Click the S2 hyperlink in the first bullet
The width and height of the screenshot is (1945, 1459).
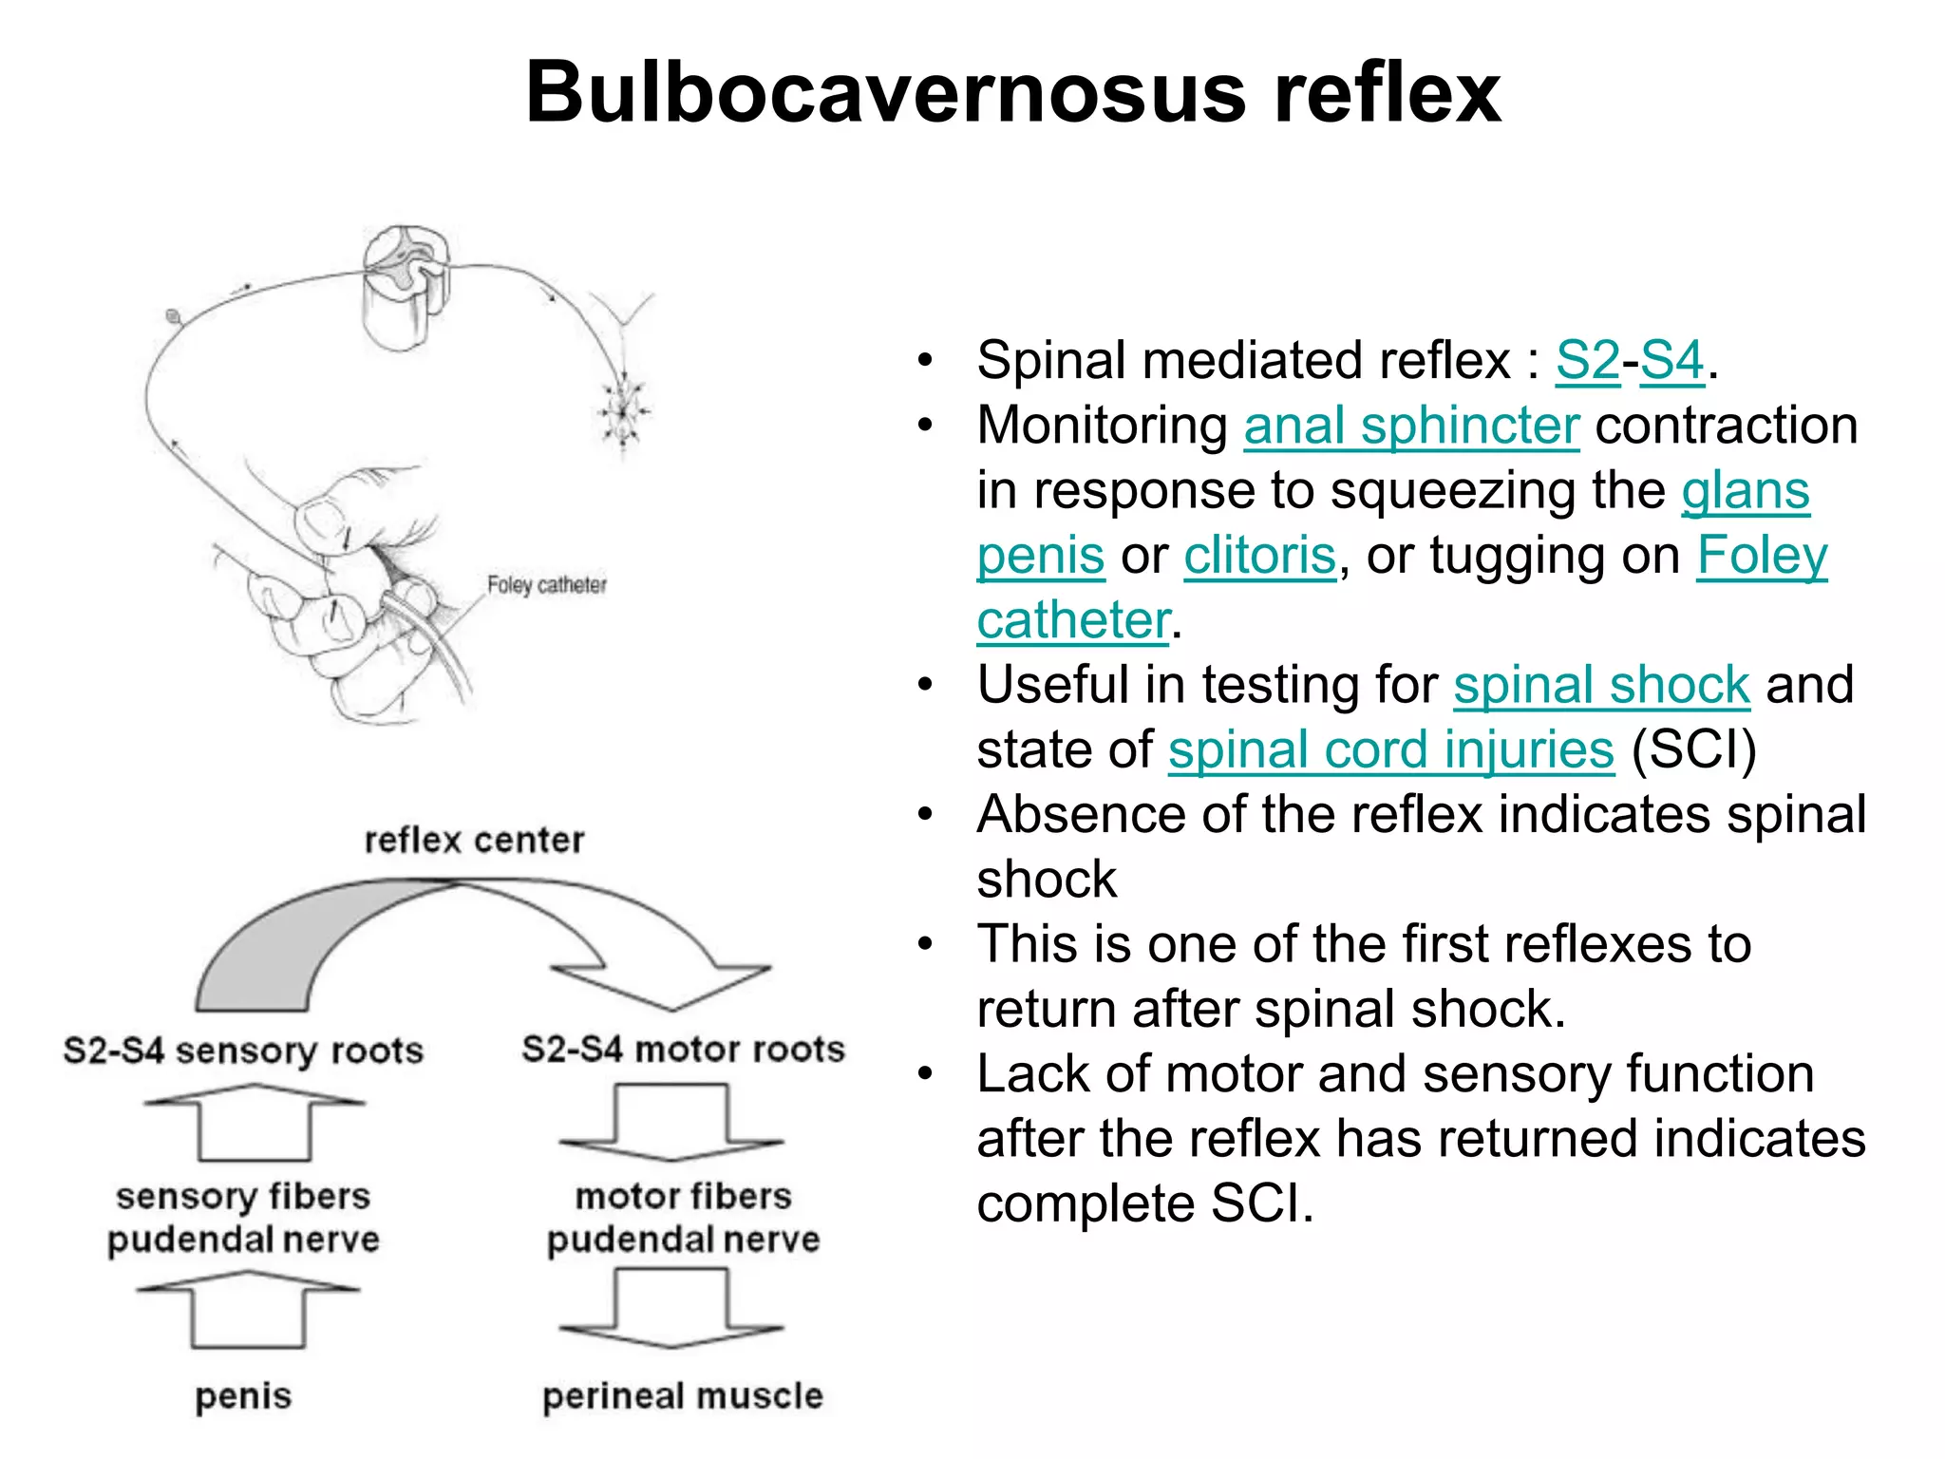(1587, 361)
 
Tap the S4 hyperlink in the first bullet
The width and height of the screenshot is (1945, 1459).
(1671, 361)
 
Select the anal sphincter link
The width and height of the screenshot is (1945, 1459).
(1411, 426)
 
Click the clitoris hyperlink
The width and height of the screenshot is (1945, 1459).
(1259, 556)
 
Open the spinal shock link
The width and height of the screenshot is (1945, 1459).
(1601, 685)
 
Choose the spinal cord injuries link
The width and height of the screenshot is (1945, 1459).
(1390, 750)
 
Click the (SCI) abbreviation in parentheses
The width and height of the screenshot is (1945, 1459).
(1693, 750)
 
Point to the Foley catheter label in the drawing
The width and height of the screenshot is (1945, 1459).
(546, 585)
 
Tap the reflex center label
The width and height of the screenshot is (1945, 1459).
(474, 841)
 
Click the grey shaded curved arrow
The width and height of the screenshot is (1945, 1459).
(285, 950)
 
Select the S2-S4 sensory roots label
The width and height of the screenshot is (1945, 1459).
(243, 1051)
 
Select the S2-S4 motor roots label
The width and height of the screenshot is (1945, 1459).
(683, 1049)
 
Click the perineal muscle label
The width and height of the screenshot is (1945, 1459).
(682, 1396)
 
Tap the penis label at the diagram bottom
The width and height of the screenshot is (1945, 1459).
(243, 1396)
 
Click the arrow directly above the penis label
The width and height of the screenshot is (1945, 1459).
(249, 1311)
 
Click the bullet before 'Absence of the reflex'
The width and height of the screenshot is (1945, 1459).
(926, 815)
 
